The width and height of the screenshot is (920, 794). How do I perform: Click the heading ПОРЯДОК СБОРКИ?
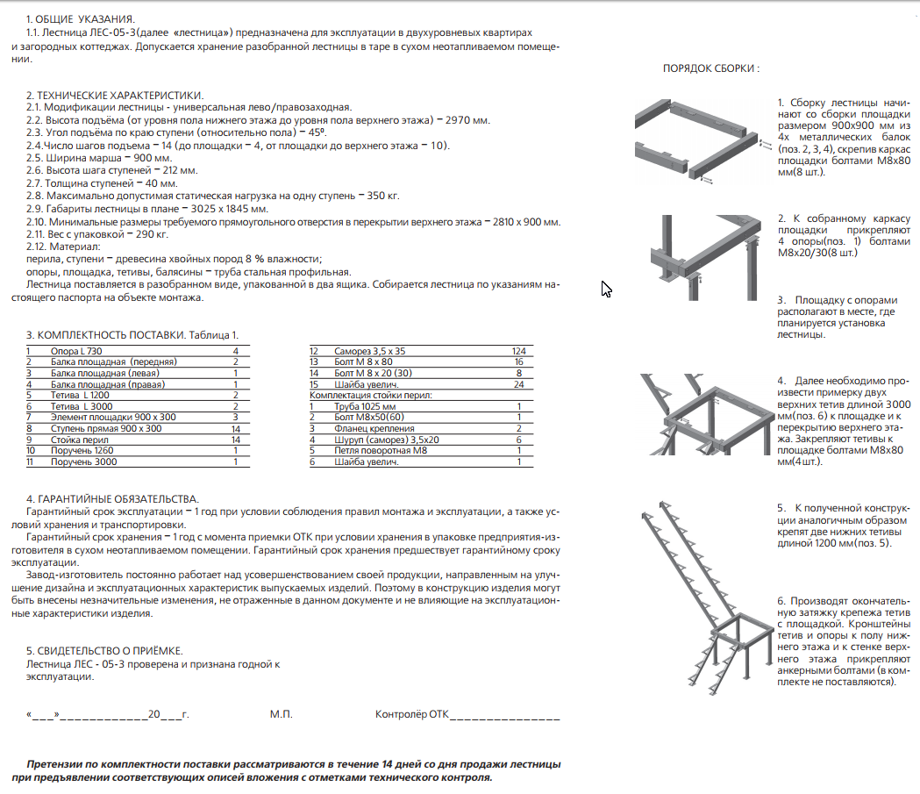(710, 68)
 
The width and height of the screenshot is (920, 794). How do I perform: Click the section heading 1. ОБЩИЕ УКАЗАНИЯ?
(81, 18)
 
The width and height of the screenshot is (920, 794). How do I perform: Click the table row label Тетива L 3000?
(80, 406)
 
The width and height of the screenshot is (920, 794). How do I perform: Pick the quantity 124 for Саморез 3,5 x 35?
(518, 351)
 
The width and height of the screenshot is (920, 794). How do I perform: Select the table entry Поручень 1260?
(83, 450)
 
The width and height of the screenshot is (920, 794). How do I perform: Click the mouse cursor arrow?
(605, 289)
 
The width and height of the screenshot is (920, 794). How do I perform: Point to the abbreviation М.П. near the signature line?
(281, 715)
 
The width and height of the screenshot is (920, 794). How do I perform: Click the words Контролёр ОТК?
(410, 715)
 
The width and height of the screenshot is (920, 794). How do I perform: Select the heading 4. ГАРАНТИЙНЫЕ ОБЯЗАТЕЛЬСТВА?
(112, 498)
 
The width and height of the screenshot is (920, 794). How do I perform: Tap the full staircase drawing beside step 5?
(702, 588)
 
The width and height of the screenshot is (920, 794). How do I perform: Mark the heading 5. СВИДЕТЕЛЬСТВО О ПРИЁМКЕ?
(104, 650)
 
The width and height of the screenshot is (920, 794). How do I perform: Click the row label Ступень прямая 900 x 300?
(106, 428)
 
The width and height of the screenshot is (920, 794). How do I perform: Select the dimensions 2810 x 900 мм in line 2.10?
(523, 222)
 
